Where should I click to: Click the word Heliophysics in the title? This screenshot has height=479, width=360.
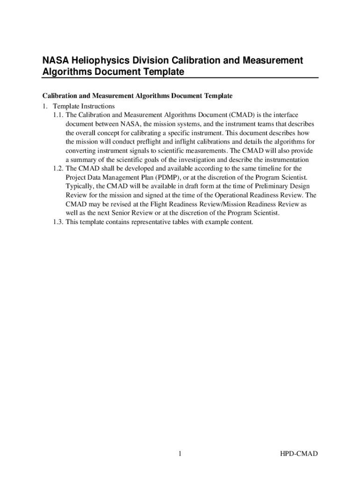99,61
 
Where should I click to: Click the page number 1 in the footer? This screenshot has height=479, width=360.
180,454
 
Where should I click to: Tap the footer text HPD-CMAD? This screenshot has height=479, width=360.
299,454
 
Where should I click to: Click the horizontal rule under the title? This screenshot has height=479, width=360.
180,78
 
